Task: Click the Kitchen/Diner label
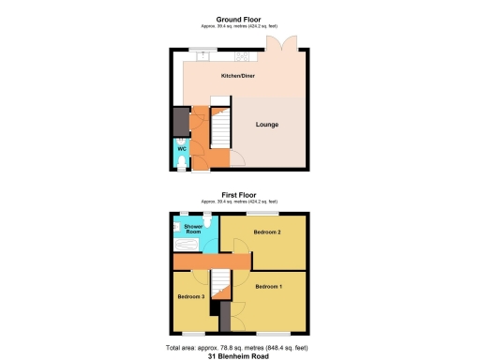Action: click(x=237, y=76)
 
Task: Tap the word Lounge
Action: click(x=267, y=124)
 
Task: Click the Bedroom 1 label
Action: click(x=267, y=287)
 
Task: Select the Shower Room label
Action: click(x=194, y=229)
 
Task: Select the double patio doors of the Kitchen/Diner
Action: click(x=280, y=42)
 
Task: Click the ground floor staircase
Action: click(x=219, y=127)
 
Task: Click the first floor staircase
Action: click(x=218, y=285)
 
